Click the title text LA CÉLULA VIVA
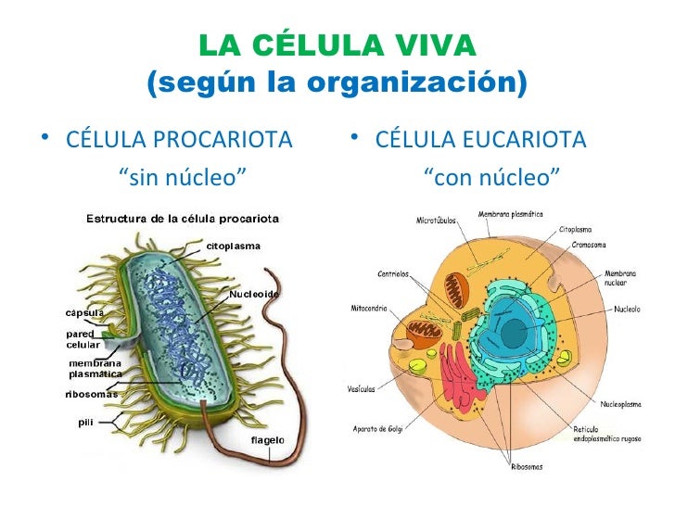(x=337, y=44)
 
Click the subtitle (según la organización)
(x=337, y=84)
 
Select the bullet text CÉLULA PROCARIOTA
(x=179, y=141)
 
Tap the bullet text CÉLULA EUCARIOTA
(x=480, y=141)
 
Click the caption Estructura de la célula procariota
(x=183, y=218)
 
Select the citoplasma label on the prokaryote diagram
(x=233, y=246)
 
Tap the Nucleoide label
(x=254, y=295)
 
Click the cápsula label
(x=83, y=311)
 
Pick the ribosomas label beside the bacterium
(x=91, y=393)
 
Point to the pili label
(x=84, y=422)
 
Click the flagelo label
(x=268, y=439)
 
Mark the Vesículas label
(x=362, y=389)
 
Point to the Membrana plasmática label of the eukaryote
(x=511, y=214)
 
